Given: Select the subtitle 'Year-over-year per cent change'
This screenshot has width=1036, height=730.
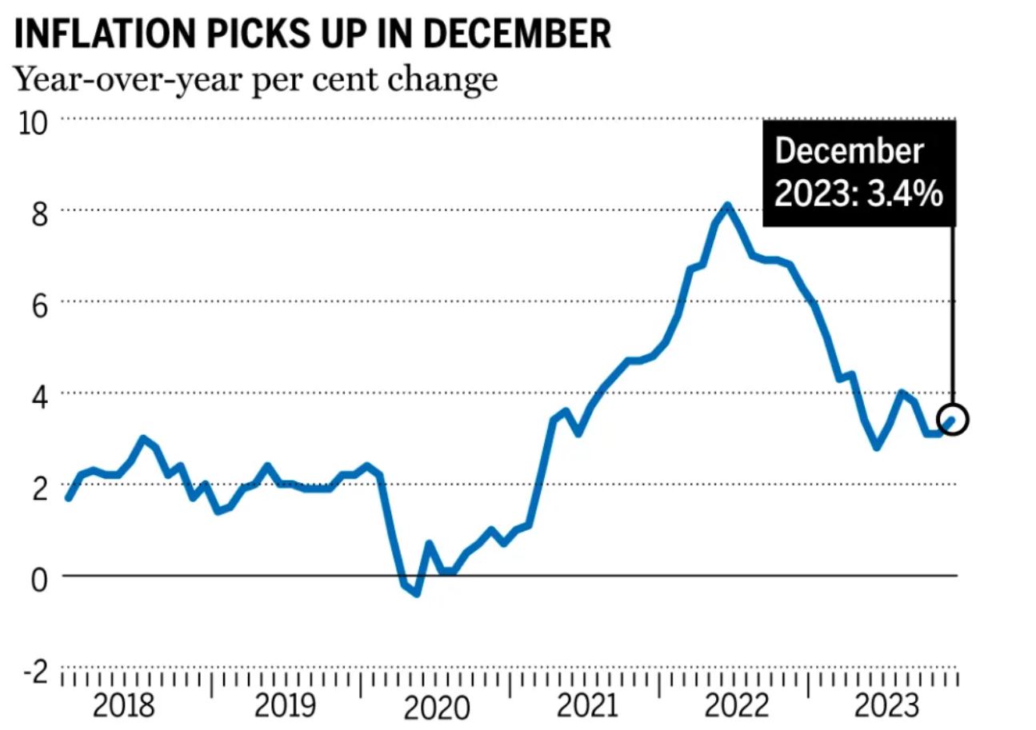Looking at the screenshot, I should click(256, 80).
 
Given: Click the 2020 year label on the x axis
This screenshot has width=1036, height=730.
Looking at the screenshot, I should click(435, 708).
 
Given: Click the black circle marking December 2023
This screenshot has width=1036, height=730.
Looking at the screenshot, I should click(953, 419).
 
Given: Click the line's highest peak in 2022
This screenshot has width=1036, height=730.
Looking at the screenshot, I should click(727, 205).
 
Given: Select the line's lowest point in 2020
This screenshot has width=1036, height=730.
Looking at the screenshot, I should click(417, 593).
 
